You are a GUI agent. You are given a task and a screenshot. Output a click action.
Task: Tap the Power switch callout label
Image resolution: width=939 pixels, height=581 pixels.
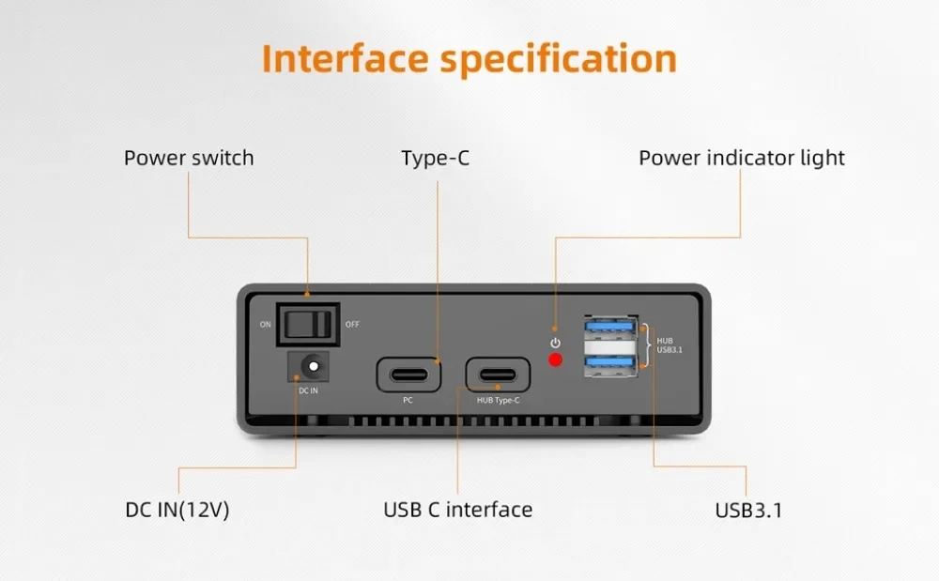click(189, 158)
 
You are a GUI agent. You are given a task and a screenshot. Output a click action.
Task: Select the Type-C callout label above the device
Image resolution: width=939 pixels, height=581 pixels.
click(435, 158)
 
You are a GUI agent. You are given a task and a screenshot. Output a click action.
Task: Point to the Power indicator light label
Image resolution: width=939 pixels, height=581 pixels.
click(742, 158)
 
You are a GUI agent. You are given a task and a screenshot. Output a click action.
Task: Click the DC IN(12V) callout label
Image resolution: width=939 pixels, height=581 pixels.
click(177, 510)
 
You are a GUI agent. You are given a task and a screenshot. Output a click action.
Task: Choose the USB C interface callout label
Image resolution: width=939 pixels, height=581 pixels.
click(457, 510)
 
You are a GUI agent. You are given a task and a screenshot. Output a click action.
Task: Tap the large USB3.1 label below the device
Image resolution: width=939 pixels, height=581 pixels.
click(748, 511)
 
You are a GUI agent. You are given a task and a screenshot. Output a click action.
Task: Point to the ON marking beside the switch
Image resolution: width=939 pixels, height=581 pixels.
click(266, 325)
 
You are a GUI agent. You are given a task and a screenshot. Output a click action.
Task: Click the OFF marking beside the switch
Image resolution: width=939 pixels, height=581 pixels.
click(352, 325)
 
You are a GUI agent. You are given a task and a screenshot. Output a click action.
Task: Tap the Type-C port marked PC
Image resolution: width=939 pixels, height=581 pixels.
click(408, 373)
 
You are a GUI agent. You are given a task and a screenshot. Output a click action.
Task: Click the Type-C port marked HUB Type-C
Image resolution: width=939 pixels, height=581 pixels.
click(497, 373)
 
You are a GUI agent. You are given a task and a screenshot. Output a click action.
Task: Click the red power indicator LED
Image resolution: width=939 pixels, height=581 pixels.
click(556, 360)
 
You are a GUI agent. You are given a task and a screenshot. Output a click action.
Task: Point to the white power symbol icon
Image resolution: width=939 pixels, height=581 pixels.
click(555, 343)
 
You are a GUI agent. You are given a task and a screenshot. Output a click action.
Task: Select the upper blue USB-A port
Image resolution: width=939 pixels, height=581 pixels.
click(611, 329)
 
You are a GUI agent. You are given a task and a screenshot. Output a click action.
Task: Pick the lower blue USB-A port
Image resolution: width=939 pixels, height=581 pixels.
click(611, 363)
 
